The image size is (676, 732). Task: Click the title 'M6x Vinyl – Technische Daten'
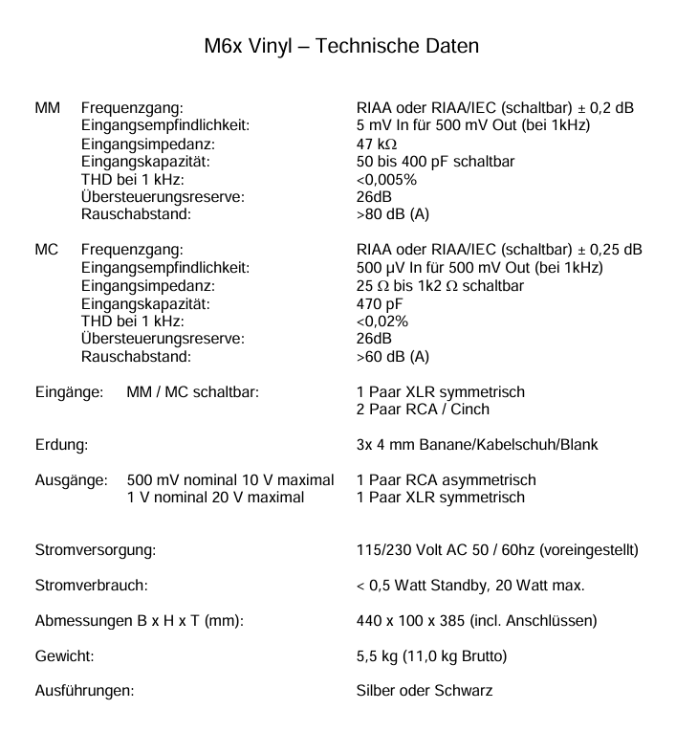pos(341,46)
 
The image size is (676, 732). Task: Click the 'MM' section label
pos(48,109)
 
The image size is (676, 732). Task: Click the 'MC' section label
pos(47,251)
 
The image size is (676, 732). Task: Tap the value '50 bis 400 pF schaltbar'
pos(435,162)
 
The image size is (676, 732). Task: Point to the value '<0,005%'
pos(386,180)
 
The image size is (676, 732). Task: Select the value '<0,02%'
pos(382,322)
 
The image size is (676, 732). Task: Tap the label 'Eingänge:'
pos(69,392)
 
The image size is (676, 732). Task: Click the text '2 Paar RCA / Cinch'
pos(423,410)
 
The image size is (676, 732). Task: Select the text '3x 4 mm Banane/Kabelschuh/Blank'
pos(477,445)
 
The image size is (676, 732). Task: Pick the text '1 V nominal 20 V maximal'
pos(216,498)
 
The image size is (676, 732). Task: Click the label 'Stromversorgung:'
pos(96,550)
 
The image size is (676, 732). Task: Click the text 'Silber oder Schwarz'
pos(425,691)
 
